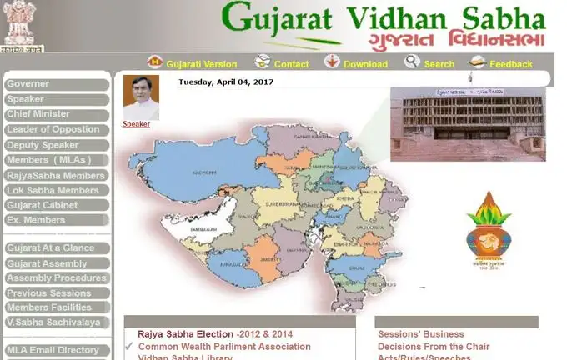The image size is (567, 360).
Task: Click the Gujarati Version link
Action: tap(201, 64)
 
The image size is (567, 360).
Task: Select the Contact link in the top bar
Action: tap(291, 64)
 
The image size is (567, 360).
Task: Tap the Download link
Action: tap(365, 64)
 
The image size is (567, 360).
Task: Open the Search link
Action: tap(439, 64)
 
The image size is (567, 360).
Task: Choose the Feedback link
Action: tap(510, 64)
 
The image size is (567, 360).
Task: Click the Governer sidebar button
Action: tap(56, 84)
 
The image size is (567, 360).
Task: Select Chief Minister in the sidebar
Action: tap(56, 114)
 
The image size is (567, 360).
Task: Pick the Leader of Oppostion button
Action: tap(56, 129)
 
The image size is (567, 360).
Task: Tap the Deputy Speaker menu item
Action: tap(56, 145)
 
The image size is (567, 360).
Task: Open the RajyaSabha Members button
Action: tap(56, 176)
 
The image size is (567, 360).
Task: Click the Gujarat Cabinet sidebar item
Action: tap(56, 205)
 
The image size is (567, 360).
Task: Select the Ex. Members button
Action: tap(56, 220)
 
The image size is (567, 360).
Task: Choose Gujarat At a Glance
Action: tap(56, 248)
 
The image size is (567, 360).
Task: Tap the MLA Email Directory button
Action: tap(56, 350)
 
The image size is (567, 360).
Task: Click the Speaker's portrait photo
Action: tap(141, 97)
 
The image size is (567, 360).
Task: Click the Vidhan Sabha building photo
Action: tap(467, 123)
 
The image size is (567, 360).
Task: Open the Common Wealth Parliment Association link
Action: tap(224, 347)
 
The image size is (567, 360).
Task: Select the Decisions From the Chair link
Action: tap(434, 347)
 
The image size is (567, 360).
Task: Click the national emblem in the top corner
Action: tap(20, 24)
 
